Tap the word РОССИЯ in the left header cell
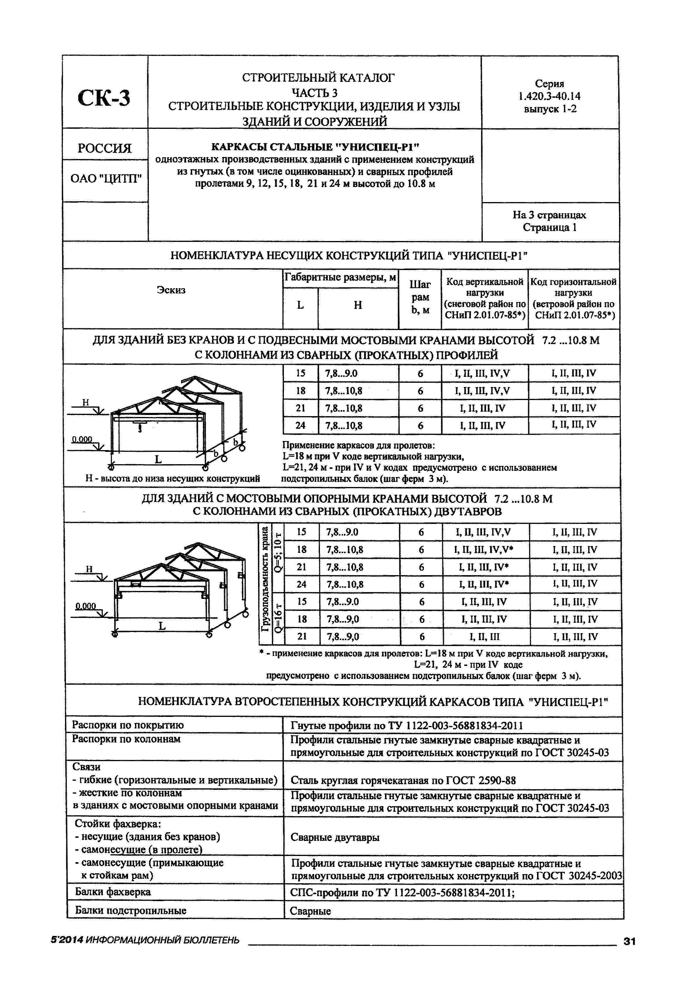tap(105, 148)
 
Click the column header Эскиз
tap(171, 290)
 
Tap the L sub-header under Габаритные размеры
tap(300, 305)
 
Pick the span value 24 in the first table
tap(301, 425)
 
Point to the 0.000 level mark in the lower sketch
tap(86, 606)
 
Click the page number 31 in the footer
tap(629, 942)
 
